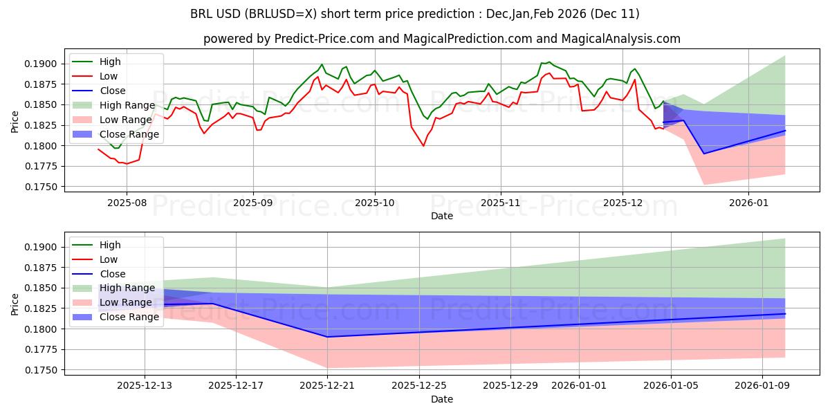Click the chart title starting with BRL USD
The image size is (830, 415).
[414, 14]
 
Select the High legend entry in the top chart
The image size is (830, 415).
[109, 62]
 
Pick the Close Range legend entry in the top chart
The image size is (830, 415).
[129, 134]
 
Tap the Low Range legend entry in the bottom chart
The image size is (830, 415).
[127, 303]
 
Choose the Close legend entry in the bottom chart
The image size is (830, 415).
[113, 274]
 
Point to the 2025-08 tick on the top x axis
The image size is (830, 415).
[126, 203]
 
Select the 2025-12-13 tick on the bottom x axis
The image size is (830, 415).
[145, 386]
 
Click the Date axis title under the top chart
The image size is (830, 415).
[441, 216]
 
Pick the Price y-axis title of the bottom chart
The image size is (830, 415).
[15, 304]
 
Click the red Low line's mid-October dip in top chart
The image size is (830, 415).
[423, 145]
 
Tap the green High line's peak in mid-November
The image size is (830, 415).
[548, 62]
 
